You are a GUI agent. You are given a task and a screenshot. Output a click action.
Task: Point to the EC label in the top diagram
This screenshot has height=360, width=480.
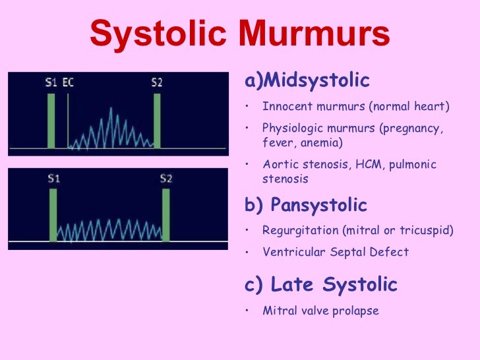(x=68, y=83)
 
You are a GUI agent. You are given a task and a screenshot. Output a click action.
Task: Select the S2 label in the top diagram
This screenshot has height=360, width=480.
(x=157, y=83)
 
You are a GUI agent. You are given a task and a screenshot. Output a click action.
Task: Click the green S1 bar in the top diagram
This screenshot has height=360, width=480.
(x=51, y=121)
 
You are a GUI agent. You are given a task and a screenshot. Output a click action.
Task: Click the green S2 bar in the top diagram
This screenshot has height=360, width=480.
(x=157, y=121)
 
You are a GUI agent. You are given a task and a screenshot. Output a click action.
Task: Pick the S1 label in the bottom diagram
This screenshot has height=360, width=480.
(x=53, y=178)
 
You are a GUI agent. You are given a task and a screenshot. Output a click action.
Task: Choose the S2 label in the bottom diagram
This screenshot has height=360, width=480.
(x=166, y=178)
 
